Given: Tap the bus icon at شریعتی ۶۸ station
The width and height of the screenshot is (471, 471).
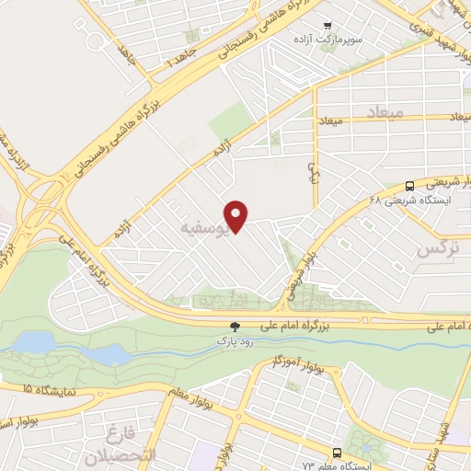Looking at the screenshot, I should pyautogui.click(x=409, y=184).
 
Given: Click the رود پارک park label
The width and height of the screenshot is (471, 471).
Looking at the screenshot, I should pyautogui.click(x=234, y=341).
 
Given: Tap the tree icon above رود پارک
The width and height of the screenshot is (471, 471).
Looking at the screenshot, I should pyautogui.click(x=234, y=327).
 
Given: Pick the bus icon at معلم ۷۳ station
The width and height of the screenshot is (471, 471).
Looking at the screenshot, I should pyautogui.click(x=338, y=453).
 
